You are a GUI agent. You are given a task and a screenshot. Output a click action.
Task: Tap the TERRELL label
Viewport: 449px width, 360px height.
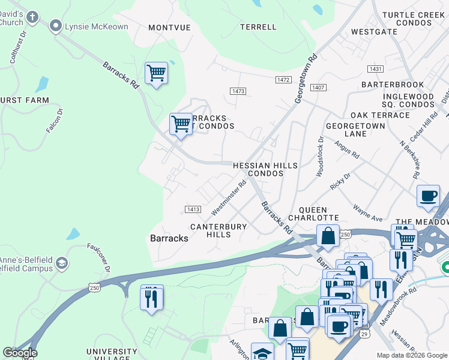[258, 27]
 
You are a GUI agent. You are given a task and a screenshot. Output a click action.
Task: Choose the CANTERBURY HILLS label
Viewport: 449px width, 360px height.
[218, 230]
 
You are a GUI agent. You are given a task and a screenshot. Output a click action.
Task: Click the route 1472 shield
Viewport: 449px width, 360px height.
[284, 80]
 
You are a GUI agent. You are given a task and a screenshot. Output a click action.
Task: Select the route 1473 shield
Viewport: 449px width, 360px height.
[238, 91]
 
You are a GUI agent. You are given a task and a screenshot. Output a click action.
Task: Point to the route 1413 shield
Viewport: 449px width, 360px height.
[192, 209]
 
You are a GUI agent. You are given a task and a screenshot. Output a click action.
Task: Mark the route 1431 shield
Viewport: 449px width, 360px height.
[376, 70]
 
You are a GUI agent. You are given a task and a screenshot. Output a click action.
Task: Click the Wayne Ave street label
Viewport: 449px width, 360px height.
[367, 214]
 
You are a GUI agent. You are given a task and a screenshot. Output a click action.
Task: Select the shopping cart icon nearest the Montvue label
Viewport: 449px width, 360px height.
[156, 73]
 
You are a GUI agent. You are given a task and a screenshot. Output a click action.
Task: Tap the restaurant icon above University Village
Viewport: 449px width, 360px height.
[152, 296]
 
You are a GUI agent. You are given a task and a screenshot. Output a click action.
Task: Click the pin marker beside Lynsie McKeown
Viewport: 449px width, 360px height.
[57, 25]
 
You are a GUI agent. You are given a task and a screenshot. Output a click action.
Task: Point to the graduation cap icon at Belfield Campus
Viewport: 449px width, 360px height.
[61, 263]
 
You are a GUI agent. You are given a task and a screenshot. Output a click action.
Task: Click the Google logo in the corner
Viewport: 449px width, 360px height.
[20, 353]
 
